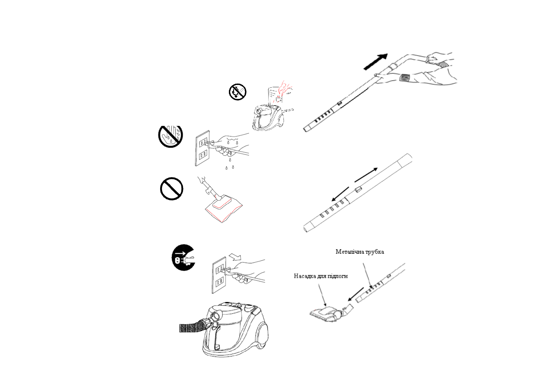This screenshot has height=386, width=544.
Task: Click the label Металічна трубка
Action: tap(360, 252)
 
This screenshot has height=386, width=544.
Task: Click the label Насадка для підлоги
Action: tap(321, 276)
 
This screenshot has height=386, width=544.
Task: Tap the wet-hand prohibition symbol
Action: tap(170, 136)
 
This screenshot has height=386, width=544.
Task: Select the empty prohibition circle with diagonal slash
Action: tap(172, 188)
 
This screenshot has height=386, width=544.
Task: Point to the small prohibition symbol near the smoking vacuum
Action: tap(238, 92)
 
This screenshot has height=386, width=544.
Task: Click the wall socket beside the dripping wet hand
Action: tap(202, 149)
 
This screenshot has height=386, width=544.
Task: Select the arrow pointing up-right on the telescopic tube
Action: tap(366, 175)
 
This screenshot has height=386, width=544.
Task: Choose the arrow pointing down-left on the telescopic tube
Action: tap(341, 193)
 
